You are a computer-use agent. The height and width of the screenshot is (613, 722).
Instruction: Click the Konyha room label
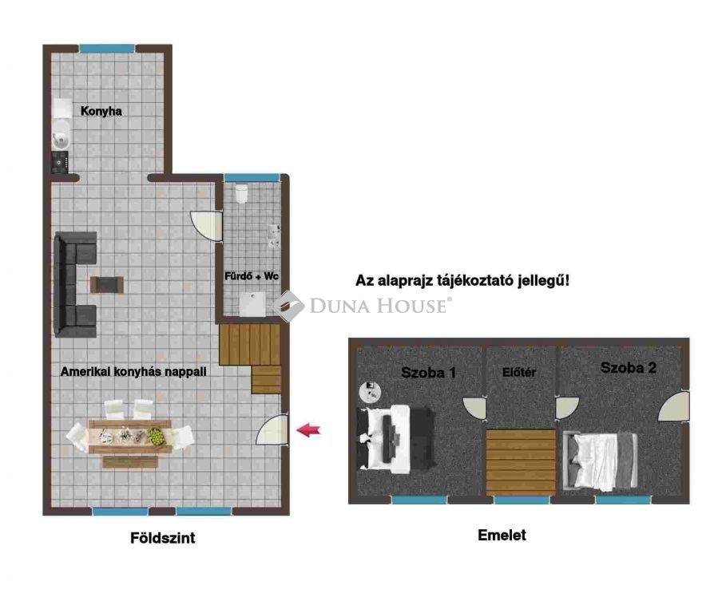pyautogui.click(x=101, y=111)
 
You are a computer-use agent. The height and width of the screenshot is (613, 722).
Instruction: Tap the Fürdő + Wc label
pyautogui.click(x=252, y=276)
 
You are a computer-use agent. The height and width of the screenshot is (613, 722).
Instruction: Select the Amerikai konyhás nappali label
pyautogui.click(x=133, y=372)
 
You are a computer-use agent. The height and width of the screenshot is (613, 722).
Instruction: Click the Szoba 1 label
pyautogui.click(x=428, y=372)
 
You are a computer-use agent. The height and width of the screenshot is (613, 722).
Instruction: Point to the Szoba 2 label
pyautogui.click(x=628, y=368)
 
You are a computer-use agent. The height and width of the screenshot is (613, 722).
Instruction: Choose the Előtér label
pyautogui.click(x=519, y=372)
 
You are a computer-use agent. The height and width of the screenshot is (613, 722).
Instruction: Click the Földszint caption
pyautogui.click(x=163, y=538)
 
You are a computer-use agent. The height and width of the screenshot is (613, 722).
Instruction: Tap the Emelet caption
pyautogui.click(x=502, y=536)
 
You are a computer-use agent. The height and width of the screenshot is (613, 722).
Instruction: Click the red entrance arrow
pyautogui.click(x=308, y=430)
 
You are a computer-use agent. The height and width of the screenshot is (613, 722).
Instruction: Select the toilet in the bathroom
pyautogui.click(x=241, y=193)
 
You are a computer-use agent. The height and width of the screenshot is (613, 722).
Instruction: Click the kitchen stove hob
pyautogui.click(x=60, y=162)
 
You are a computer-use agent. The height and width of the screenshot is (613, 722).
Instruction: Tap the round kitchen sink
pyautogui.click(x=61, y=136)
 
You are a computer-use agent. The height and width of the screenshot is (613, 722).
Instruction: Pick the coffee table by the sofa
pyautogui.click(x=107, y=284)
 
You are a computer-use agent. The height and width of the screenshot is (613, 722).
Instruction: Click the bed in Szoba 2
pyautogui.click(x=600, y=461)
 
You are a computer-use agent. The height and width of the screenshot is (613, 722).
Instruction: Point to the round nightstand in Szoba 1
pyautogui.click(x=371, y=392)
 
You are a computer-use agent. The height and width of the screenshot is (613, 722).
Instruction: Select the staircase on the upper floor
pyautogui.click(x=522, y=462)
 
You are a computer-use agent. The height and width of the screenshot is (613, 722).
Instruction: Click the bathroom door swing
pyautogui.click(x=206, y=226)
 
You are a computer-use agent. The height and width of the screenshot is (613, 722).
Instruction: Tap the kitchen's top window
pyautogui.click(x=107, y=49)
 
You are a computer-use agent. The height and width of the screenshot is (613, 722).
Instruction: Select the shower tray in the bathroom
pyautogui.click(x=252, y=305)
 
